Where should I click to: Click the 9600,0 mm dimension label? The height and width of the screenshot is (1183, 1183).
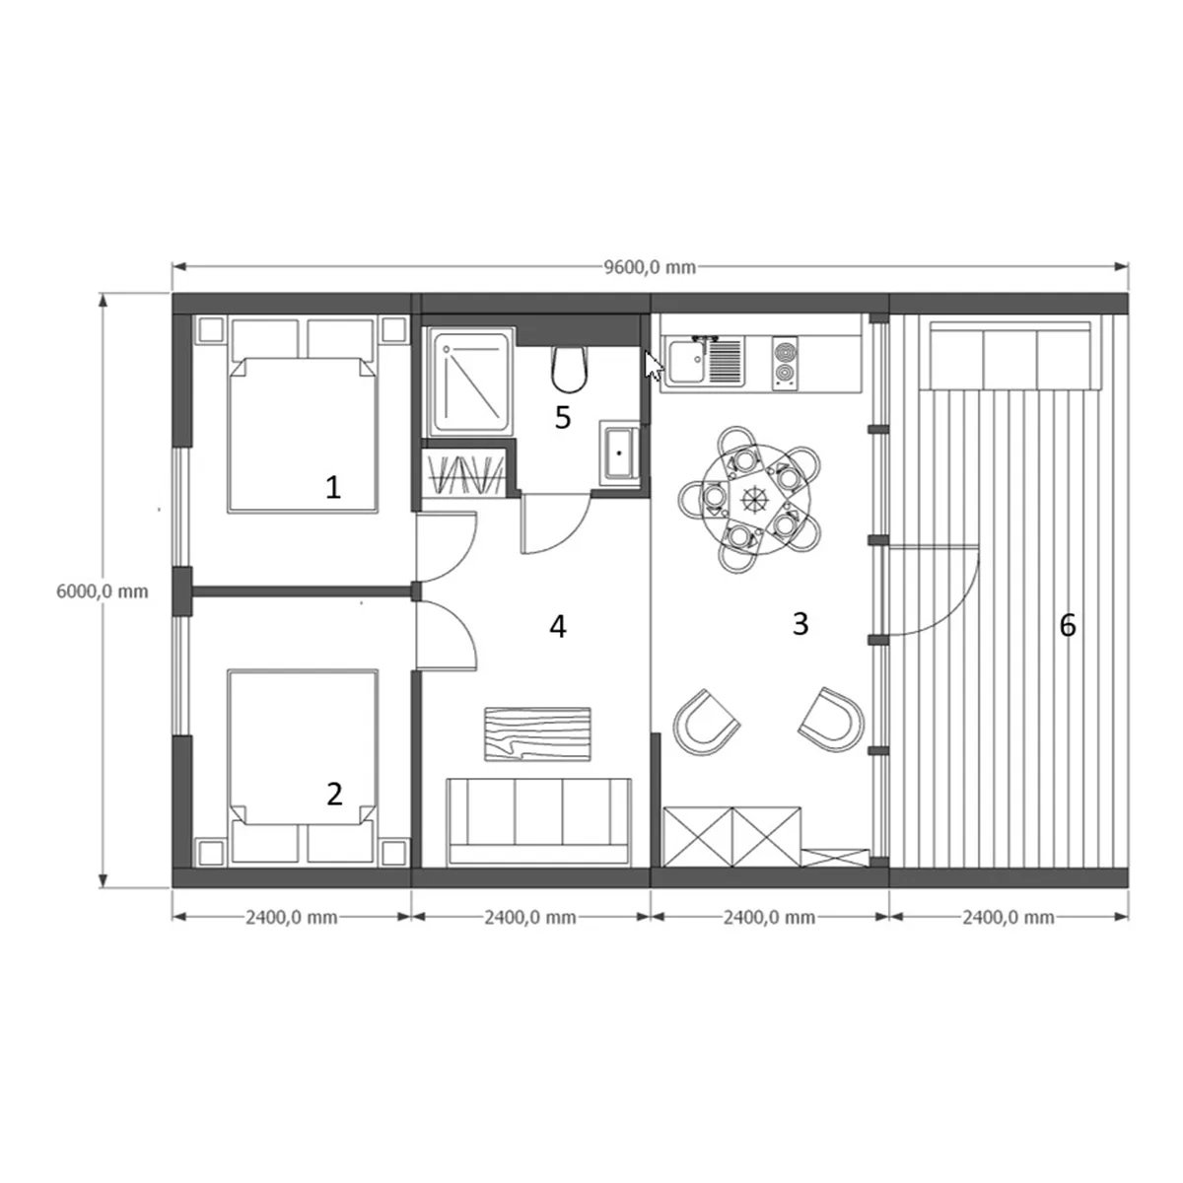coord(650,268)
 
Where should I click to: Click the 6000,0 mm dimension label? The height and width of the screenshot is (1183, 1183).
coord(102,591)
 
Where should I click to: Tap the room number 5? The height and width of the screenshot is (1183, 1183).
coord(562,417)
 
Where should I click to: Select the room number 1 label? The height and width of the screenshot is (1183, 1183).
coord(333,488)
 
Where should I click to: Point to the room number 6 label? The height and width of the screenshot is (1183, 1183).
coord(1068,626)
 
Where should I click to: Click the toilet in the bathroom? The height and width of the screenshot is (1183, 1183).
coord(569,370)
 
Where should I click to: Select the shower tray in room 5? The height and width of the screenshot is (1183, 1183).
coord(472,383)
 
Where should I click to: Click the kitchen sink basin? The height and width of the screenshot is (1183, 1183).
coord(686,362)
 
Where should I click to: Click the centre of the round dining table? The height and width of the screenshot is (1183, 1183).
coord(751,499)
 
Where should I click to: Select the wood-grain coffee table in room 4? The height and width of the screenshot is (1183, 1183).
coord(537,734)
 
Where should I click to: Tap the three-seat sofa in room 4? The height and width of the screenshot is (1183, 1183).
coord(539,822)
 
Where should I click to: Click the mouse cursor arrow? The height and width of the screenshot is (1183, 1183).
coord(654,366)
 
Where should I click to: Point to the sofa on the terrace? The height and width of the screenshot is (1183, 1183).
coord(1014,356)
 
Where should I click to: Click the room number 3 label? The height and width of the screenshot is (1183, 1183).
coord(800,624)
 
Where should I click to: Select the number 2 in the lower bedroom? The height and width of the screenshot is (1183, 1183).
coord(334,795)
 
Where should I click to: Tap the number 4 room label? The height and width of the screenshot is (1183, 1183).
coord(557,627)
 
